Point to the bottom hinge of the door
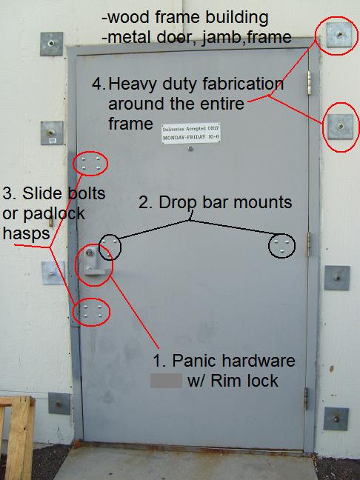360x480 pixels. click(307, 399)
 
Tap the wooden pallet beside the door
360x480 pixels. click(16, 437)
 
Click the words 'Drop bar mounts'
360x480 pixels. click(216, 201)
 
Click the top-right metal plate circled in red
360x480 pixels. click(338, 34)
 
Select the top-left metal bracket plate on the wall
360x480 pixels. click(52, 44)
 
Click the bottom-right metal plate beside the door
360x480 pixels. click(336, 419)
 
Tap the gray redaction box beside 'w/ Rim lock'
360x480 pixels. click(166, 381)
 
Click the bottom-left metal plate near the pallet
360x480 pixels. click(59, 404)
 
